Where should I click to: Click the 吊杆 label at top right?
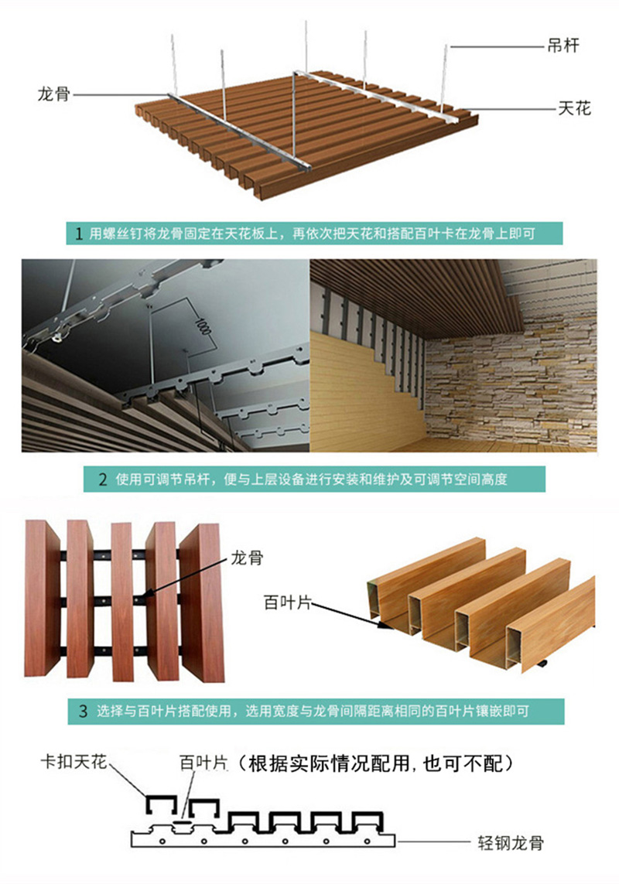click(x=563, y=46)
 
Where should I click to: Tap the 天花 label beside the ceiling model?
click(x=574, y=108)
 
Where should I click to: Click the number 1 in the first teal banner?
click(x=79, y=234)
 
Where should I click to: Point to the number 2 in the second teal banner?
click(x=103, y=480)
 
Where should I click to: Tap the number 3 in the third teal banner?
click(x=84, y=711)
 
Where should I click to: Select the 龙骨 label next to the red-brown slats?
click(x=247, y=558)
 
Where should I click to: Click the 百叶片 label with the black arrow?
click(x=287, y=602)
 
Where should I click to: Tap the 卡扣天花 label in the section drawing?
click(x=74, y=763)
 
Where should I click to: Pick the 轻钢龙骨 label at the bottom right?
click(x=511, y=843)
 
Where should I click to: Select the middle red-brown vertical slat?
click(x=122, y=602)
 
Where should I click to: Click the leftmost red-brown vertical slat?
click(x=42, y=598)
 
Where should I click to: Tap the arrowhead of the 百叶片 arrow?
click(x=381, y=622)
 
